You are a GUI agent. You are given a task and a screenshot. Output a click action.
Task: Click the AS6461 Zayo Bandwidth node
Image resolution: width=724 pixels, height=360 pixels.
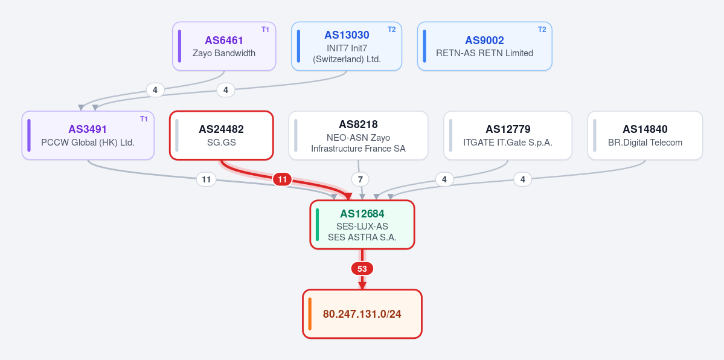click(x=224, y=47)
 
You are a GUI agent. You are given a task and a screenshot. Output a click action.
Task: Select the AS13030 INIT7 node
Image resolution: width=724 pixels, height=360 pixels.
click(x=347, y=47)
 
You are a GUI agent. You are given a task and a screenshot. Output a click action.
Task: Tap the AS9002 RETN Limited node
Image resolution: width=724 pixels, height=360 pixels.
click(x=484, y=47)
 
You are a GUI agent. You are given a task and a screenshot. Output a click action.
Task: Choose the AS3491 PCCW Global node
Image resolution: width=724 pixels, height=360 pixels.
click(x=88, y=135)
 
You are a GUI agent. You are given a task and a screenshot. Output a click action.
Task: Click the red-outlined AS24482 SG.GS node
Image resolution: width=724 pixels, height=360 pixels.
click(x=222, y=135)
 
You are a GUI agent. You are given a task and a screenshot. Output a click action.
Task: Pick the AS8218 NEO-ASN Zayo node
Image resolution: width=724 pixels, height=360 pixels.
click(x=358, y=135)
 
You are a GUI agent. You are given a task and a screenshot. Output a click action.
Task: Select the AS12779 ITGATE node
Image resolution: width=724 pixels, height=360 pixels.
click(x=508, y=135)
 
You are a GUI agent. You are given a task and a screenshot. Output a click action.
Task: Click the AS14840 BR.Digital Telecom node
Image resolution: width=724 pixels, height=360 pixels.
click(x=645, y=135)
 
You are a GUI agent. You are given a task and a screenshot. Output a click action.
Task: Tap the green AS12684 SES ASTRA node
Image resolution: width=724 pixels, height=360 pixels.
click(x=362, y=225)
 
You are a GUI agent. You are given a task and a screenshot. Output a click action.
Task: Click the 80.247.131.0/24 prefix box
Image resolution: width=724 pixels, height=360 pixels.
click(x=362, y=313)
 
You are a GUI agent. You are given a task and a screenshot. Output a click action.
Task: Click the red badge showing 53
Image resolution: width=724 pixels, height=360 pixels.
click(x=362, y=269)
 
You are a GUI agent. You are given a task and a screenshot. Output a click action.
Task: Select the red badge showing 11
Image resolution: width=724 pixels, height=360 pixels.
click(x=282, y=179)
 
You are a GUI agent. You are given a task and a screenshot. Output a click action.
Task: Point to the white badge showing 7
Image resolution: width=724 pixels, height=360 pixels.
click(x=360, y=179)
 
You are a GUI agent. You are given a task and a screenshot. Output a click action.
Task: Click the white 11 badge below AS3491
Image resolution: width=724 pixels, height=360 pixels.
click(x=207, y=179)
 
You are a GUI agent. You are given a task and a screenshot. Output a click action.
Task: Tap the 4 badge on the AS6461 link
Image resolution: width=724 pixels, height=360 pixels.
click(x=155, y=90)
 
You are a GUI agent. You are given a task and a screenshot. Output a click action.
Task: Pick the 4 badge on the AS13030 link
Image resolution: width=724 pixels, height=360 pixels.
click(x=226, y=90)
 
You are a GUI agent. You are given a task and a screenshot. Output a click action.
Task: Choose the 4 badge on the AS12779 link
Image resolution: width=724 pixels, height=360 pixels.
click(x=444, y=179)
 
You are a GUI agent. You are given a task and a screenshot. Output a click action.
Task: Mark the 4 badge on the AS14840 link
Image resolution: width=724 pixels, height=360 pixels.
click(x=523, y=179)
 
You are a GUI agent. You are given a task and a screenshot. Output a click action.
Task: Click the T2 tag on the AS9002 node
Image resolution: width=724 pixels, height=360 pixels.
click(x=542, y=30)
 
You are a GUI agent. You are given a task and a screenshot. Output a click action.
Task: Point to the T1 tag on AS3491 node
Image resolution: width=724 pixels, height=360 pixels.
click(x=144, y=119)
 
